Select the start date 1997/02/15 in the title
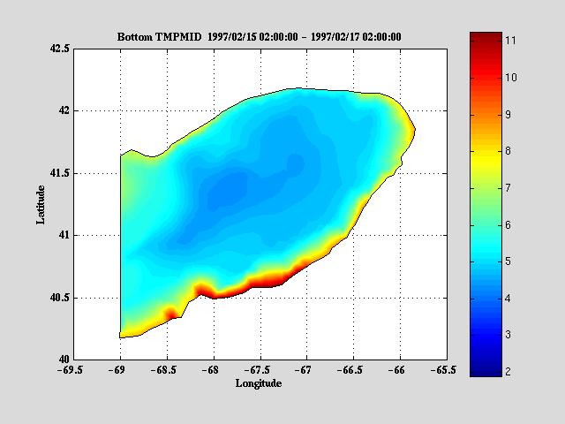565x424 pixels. click(x=237, y=37)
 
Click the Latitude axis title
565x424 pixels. click(x=41, y=203)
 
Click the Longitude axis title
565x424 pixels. click(x=259, y=383)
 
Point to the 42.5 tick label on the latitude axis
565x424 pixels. click(x=59, y=49)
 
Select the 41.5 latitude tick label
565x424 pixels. click(x=59, y=174)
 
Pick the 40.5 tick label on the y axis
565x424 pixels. click(x=59, y=298)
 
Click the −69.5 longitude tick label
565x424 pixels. click(x=73, y=371)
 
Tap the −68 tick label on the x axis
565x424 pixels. click(x=211, y=371)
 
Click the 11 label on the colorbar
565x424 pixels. click(x=510, y=41)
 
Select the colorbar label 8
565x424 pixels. click(x=510, y=151)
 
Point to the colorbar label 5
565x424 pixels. click(x=510, y=261)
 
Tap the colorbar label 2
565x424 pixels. click(x=510, y=372)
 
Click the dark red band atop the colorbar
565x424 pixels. click(x=484, y=37)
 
